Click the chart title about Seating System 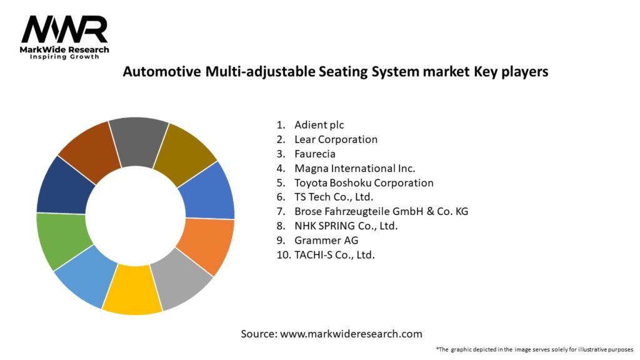tap(335, 72)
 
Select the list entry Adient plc tap(319, 125)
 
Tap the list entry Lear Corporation tap(336, 139)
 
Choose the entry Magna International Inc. tap(354, 168)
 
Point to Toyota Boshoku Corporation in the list tap(364, 183)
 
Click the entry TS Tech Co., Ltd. tap(334, 197)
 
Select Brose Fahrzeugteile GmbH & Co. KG tap(381, 211)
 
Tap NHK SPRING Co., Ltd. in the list tap(346, 226)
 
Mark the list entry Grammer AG tap(326, 240)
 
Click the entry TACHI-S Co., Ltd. tap(334, 255)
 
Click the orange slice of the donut tap(207, 245)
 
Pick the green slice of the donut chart tap(61, 239)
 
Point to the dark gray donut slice tap(139, 141)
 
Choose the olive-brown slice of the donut tap(184, 152)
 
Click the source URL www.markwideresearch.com tap(351, 334)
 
